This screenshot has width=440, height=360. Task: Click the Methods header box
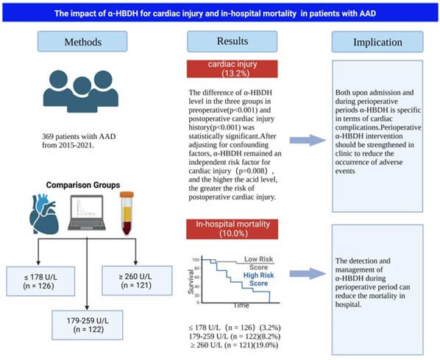[82, 41]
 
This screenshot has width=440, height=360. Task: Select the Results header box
[233, 41]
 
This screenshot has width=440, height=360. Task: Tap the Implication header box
[377, 42]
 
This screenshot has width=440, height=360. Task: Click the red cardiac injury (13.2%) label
[233, 68]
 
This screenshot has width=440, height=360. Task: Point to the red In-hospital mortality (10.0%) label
[233, 229]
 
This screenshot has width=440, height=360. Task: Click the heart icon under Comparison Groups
[44, 214]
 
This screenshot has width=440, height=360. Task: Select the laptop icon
[87, 213]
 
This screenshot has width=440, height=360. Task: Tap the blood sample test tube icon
[127, 213]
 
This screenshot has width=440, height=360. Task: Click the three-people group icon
[81, 91]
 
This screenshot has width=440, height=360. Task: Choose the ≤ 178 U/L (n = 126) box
[40, 281]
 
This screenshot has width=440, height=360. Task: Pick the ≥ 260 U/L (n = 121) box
[137, 280]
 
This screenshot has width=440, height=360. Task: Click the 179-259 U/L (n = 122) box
[88, 325]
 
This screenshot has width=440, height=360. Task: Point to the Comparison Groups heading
[83, 185]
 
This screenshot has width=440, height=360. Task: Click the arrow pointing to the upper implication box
[308, 140]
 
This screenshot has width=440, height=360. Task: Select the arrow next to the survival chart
[308, 274]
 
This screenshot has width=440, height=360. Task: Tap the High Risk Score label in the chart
[258, 279]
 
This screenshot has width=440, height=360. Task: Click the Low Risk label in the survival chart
[258, 259]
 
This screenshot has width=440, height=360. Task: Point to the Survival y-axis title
[191, 282]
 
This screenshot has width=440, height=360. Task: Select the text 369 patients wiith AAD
[79, 136]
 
